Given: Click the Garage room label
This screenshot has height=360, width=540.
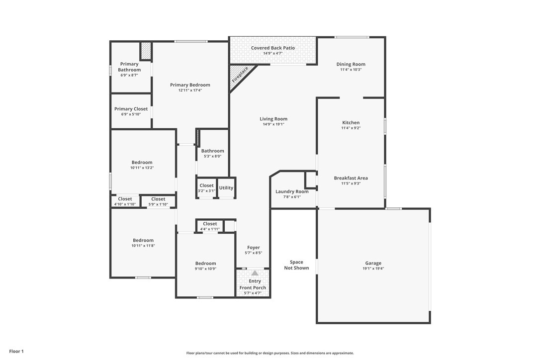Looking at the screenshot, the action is click(373, 263).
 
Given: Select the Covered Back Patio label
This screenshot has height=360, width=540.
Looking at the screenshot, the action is click(273, 48).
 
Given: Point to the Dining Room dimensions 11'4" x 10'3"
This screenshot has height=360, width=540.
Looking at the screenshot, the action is click(351, 70).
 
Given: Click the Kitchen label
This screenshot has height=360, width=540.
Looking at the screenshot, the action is click(351, 122).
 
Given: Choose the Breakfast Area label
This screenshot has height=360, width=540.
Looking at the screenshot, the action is click(351, 178).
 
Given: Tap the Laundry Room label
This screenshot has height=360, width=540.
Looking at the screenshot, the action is click(292, 191).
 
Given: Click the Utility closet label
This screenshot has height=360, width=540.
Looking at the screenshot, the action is click(226, 188).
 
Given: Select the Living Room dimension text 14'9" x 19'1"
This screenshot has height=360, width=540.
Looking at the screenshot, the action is click(273, 124).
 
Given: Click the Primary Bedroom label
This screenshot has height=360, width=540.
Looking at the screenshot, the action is click(190, 85).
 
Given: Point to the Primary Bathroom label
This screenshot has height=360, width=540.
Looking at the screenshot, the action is click(129, 67).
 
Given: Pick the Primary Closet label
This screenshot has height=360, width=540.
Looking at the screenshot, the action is click(131, 109).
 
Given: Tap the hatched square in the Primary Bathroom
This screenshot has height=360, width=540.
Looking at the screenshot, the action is click(146, 51).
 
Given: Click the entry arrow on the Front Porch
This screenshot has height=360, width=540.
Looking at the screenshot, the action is click(255, 273).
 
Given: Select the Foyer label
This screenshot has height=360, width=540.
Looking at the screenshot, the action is click(254, 247).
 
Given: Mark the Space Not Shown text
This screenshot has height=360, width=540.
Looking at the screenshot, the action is click(296, 265).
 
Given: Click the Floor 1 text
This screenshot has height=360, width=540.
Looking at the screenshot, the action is click(16, 352).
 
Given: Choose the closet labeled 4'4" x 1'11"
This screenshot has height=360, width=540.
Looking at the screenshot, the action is click(210, 226).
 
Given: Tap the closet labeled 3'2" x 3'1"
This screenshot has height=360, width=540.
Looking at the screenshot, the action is click(207, 188).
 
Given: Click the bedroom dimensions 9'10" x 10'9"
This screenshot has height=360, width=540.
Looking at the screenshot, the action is click(205, 269).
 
